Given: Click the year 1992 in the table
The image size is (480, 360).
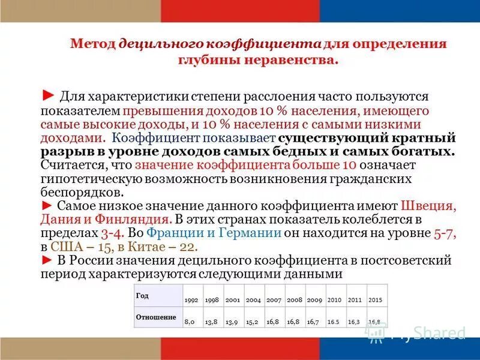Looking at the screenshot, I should [191, 299].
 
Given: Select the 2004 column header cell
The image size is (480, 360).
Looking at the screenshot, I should [253, 299].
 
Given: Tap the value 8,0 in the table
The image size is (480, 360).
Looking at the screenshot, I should [190, 322].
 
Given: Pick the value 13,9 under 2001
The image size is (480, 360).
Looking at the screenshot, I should [232, 322].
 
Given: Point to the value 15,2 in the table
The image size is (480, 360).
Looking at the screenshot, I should [253, 322].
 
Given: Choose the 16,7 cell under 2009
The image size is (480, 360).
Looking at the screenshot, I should [313, 322].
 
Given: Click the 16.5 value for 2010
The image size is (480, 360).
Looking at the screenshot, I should [334, 322].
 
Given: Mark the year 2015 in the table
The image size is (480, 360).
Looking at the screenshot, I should [375, 299].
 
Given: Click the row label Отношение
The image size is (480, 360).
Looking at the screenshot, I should [156, 317].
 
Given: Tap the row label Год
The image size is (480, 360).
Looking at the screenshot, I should [142, 295].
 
